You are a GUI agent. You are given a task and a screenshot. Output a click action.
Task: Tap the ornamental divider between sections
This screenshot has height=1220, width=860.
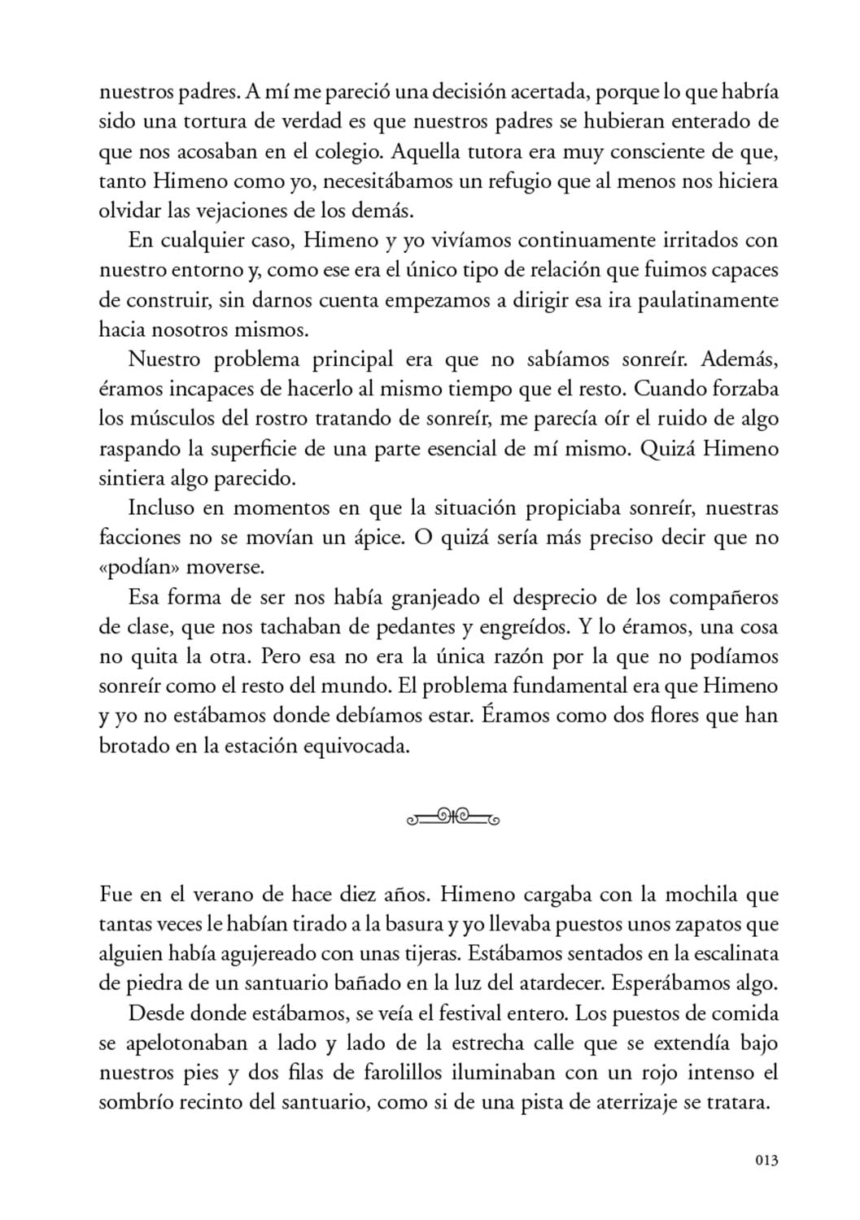452,816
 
